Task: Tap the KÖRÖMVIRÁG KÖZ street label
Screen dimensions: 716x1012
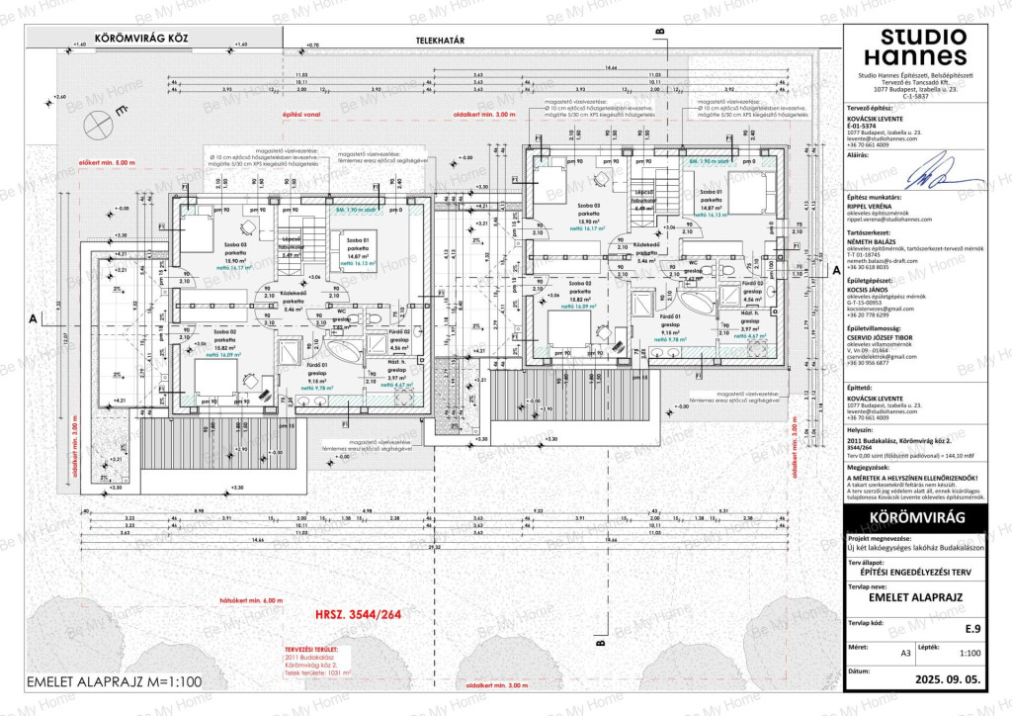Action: pos(140,40)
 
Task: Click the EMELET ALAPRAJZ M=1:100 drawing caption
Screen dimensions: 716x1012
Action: pos(114,681)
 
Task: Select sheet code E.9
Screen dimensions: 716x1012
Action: pos(972,626)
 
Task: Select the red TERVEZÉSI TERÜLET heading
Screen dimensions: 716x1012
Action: pos(311,650)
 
